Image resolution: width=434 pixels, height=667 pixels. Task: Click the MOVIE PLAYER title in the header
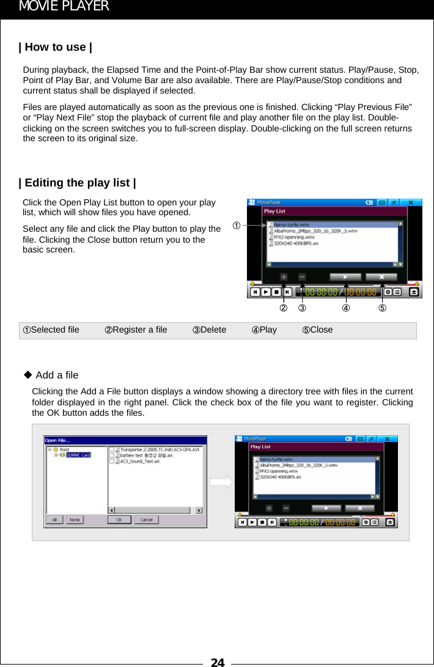[x=64, y=7]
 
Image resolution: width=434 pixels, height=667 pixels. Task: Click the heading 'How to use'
[x=56, y=47]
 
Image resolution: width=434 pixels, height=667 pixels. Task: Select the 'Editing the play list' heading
[x=78, y=183]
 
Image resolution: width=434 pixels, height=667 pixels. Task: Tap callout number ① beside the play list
[x=235, y=225]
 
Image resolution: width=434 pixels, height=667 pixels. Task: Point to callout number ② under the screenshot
[x=283, y=308]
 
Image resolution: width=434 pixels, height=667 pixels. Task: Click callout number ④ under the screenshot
[x=346, y=308]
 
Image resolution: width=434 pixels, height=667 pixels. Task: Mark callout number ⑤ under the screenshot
[x=382, y=308]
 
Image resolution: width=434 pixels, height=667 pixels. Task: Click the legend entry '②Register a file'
[x=136, y=330]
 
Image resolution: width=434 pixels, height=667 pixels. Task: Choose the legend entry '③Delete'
[x=210, y=330]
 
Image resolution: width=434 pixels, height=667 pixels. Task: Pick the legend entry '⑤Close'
[x=317, y=330]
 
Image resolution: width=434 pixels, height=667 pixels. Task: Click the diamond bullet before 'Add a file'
[x=28, y=374]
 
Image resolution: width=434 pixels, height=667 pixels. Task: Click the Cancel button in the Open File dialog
[x=147, y=520]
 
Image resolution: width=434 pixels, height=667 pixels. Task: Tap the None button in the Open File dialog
[x=75, y=520]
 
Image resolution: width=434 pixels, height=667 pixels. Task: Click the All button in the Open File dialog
[x=54, y=520]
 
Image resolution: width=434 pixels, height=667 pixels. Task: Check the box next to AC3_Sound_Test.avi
[x=112, y=462]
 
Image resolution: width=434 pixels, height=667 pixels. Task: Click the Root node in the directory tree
[x=64, y=449]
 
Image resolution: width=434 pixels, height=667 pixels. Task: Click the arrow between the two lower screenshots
[x=221, y=482]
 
